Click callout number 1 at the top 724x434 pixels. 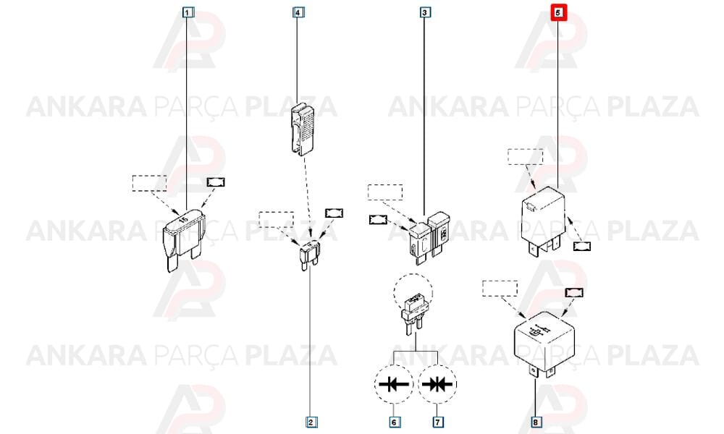187,12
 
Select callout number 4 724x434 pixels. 298,12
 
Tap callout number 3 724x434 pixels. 425,12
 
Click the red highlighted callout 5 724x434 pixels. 557,12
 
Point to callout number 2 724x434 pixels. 311,422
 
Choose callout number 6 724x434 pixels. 394,422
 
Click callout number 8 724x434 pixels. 536,422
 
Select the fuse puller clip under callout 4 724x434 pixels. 303,130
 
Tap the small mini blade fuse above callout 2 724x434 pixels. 309,255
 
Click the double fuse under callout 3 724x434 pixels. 430,237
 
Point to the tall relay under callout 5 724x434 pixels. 543,221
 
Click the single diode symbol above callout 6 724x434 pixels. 394,383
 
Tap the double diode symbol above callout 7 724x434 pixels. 437,383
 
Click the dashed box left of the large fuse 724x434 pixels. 150,183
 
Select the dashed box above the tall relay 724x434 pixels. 526,157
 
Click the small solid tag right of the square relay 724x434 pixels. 574,292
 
